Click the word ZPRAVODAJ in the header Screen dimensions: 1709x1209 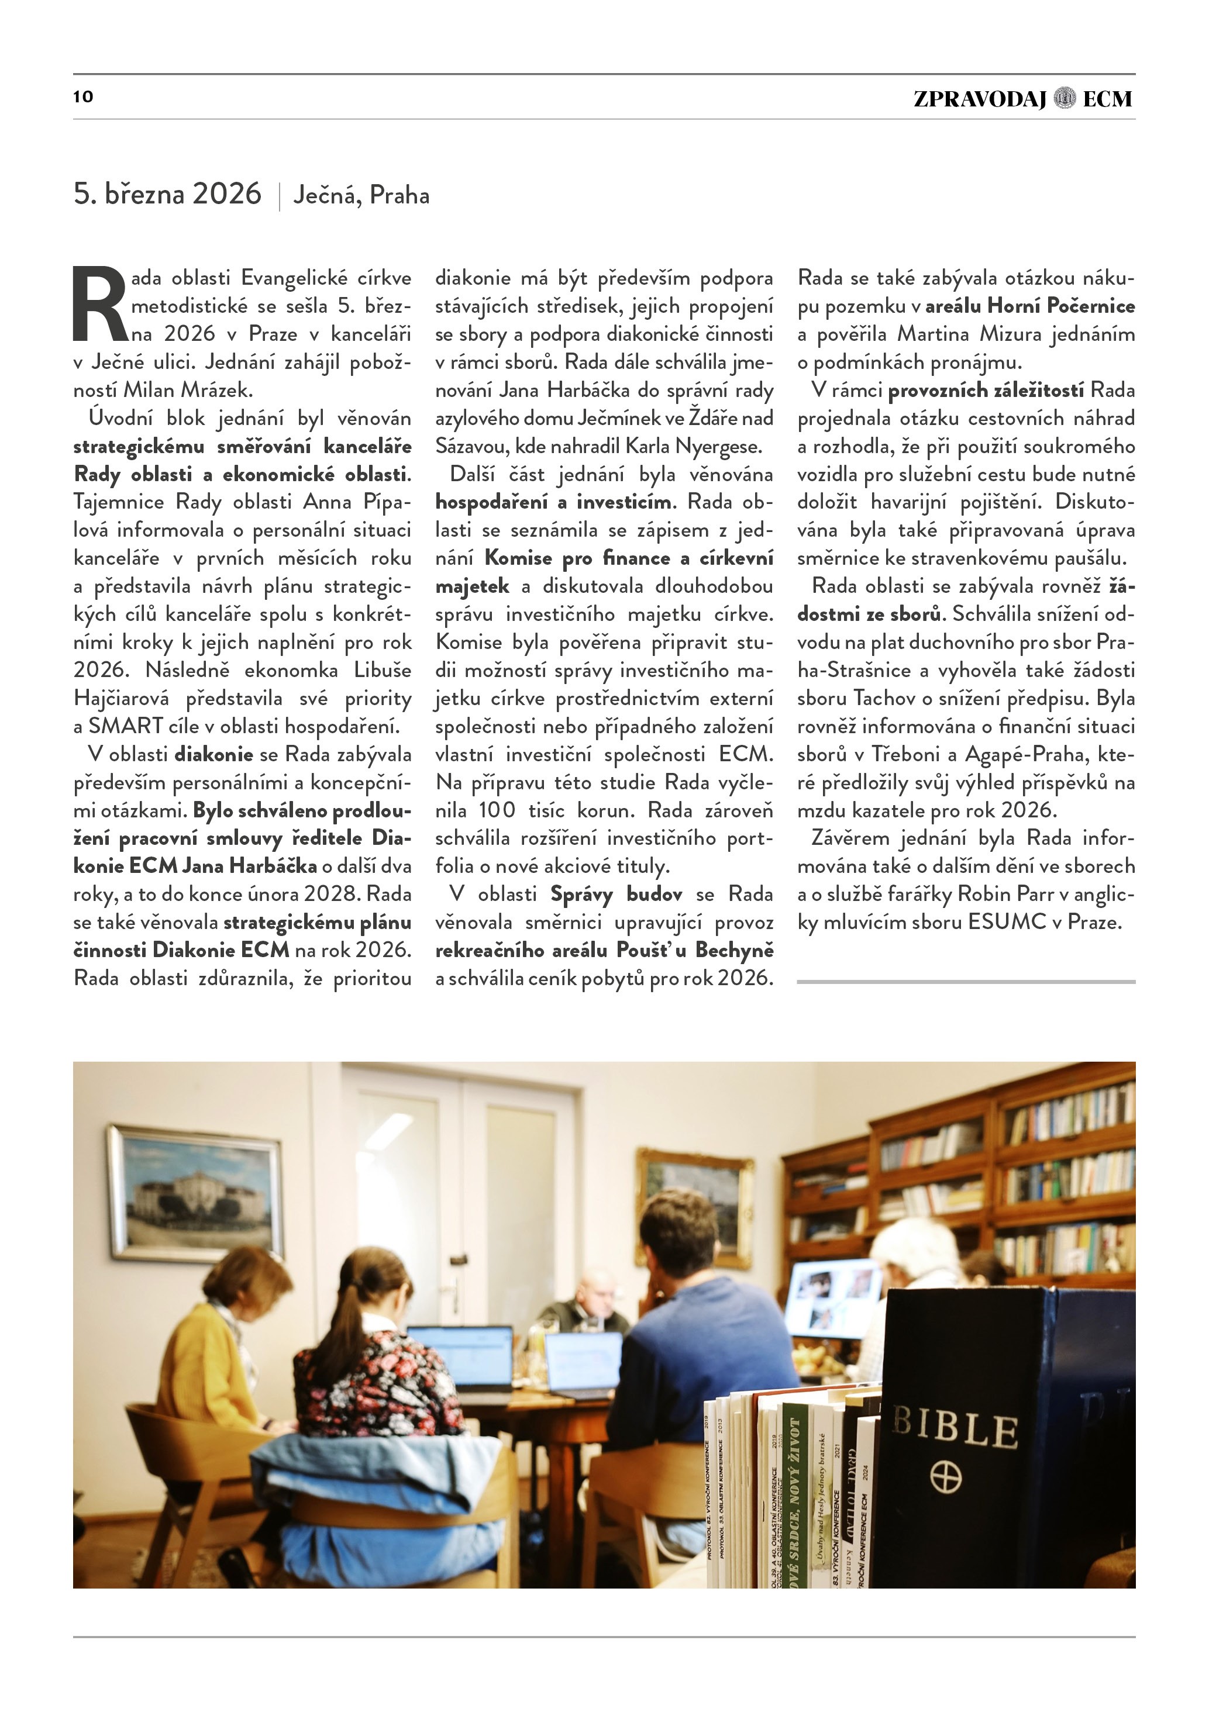(980, 99)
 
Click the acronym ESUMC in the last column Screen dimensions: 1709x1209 (1007, 923)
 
